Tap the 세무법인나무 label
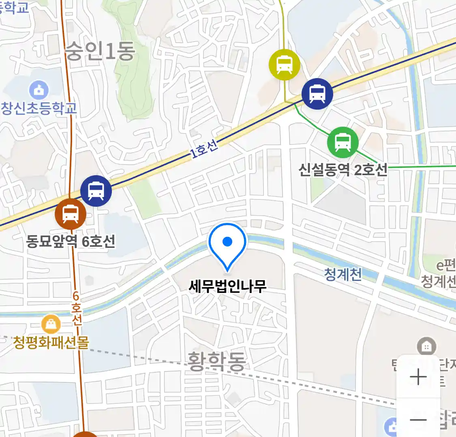(227, 286)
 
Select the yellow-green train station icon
(285, 64)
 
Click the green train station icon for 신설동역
(343, 142)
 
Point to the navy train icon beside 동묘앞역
(96, 191)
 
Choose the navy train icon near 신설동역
(317, 94)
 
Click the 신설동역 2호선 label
(343, 170)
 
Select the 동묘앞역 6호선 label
(71, 242)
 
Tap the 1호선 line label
(204, 148)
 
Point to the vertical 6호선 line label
(77, 308)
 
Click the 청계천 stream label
(343, 275)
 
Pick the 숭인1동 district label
(100, 52)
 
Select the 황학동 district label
(216, 361)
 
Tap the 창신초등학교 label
(39, 108)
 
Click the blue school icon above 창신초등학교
(39, 90)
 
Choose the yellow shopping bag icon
(51, 324)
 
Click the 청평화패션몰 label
(51, 343)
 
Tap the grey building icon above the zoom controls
(426, 346)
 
